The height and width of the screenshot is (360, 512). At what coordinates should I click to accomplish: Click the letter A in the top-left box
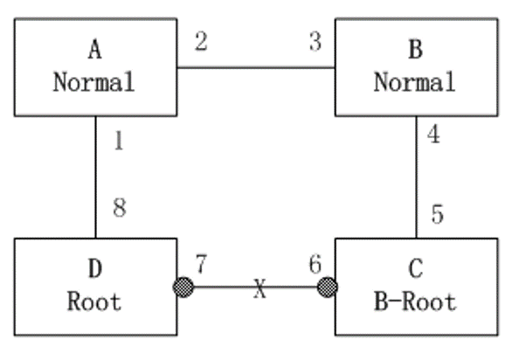(x=94, y=50)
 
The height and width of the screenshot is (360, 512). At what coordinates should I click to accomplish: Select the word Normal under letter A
(x=94, y=82)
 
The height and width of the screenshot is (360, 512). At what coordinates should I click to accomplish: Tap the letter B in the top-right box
(x=416, y=50)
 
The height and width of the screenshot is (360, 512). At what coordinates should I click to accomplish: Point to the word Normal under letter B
(x=415, y=82)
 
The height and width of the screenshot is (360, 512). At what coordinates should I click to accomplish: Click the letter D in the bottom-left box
(x=95, y=269)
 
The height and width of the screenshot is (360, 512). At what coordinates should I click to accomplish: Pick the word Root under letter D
(x=94, y=301)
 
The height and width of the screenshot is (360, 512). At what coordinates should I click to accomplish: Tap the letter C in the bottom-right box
(x=416, y=269)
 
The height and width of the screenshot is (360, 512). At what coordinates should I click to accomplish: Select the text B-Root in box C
(x=415, y=301)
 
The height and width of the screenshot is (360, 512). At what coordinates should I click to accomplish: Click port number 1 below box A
(x=119, y=141)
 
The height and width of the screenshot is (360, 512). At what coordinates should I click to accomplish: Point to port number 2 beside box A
(x=201, y=41)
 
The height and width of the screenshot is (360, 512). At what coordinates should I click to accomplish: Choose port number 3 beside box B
(x=315, y=41)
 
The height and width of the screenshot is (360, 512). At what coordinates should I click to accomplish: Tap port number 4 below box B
(x=433, y=135)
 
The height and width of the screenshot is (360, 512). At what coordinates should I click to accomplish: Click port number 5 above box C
(x=438, y=214)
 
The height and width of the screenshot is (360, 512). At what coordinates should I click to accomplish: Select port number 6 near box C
(x=315, y=264)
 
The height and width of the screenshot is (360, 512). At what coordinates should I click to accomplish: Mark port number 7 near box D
(x=201, y=264)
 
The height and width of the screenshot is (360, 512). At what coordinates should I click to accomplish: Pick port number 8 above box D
(x=120, y=208)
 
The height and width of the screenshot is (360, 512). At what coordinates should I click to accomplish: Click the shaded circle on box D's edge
(x=183, y=287)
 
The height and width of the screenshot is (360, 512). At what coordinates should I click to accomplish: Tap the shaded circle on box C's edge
(x=327, y=287)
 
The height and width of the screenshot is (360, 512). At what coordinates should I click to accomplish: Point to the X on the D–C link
(x=259, y=288)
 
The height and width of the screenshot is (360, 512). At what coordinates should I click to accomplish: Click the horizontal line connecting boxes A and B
(x=256, y=67)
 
